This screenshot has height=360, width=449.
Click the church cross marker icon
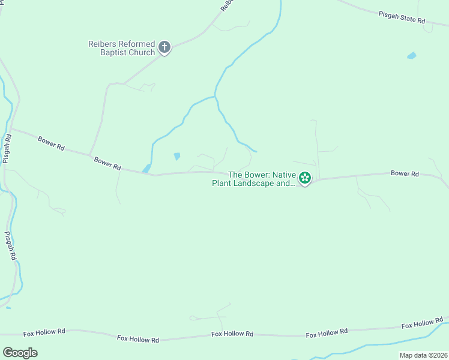[x=164, y=48]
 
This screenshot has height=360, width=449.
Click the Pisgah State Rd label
[x=402, y=17]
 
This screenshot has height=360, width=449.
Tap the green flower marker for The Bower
[x=305, y=178]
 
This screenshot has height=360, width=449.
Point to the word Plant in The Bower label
[x=221, y=183]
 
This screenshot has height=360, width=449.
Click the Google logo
[x=20, y=352]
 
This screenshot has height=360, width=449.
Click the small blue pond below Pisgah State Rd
[x=411, y=56]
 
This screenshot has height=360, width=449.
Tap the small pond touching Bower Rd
[x=146, y=169]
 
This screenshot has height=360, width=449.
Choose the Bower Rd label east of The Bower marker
[x=404, y=173]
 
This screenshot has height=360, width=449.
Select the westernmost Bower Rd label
[x=51, y=143]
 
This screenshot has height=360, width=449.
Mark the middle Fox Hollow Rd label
[x=232, y=334]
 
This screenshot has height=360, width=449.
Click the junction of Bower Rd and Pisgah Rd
[x=11, y=128]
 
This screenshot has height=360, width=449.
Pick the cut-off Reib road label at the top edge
[x=226, y=5]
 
